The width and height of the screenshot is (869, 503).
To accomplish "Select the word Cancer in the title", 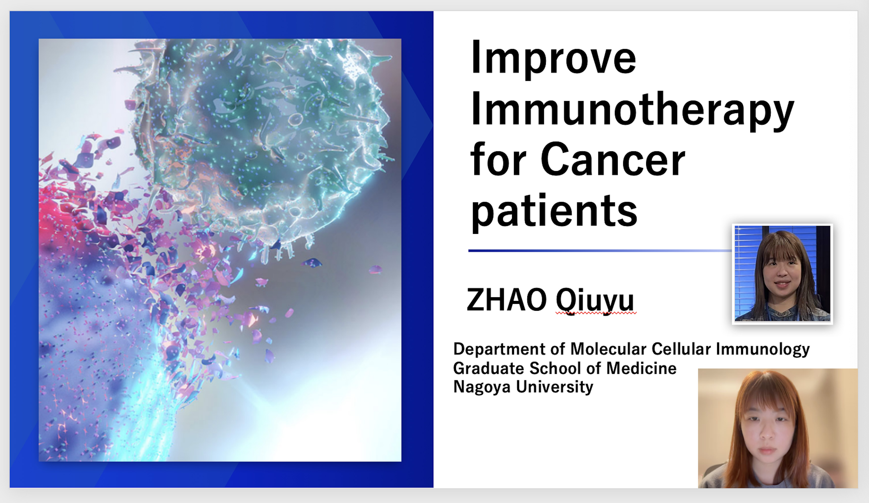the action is click(613, 160).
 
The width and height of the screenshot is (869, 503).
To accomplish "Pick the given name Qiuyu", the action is click(595, 301).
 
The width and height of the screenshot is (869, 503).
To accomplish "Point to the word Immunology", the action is click(763, 349).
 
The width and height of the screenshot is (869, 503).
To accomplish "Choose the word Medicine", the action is click(641, 368).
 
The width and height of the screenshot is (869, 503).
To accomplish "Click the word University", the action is click(554, 387).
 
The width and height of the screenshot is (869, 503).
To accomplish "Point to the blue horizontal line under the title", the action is click(600, 251).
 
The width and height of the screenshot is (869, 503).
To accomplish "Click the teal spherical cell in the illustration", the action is click(262, 138).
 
